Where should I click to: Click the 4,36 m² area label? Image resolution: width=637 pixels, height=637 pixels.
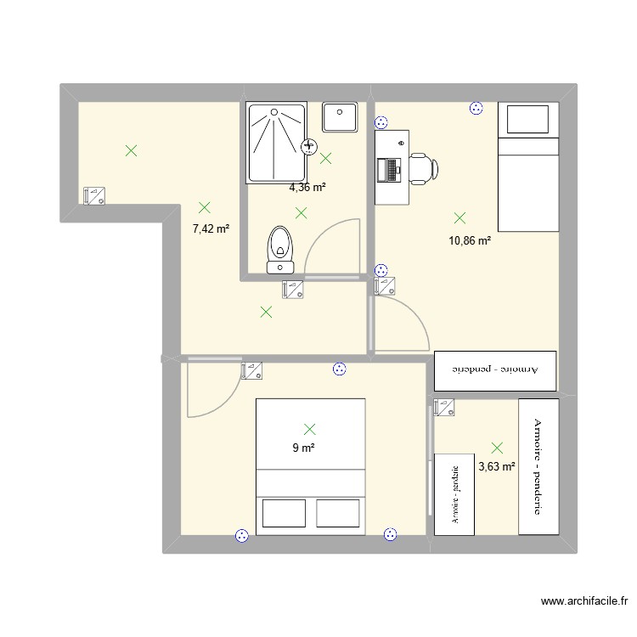[307, 187]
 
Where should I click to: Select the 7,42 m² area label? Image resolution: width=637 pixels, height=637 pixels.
[211, 228]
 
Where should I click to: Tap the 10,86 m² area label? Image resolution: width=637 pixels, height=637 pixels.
[470, 240]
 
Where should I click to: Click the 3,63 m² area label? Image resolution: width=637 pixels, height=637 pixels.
[497, 466]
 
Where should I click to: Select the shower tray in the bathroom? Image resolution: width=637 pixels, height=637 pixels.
[273, 143]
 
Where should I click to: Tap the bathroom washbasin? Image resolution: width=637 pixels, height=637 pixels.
[341, 117]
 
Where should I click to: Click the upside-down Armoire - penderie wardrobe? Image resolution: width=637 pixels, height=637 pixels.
[495, 371]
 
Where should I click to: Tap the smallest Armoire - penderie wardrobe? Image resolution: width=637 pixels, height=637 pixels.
[456, 493]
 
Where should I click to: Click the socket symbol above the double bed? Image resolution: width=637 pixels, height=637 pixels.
[339, 369]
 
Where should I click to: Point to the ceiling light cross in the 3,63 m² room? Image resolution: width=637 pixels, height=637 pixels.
[497, 447]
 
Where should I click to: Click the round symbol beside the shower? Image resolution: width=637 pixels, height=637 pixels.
[309, 146]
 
